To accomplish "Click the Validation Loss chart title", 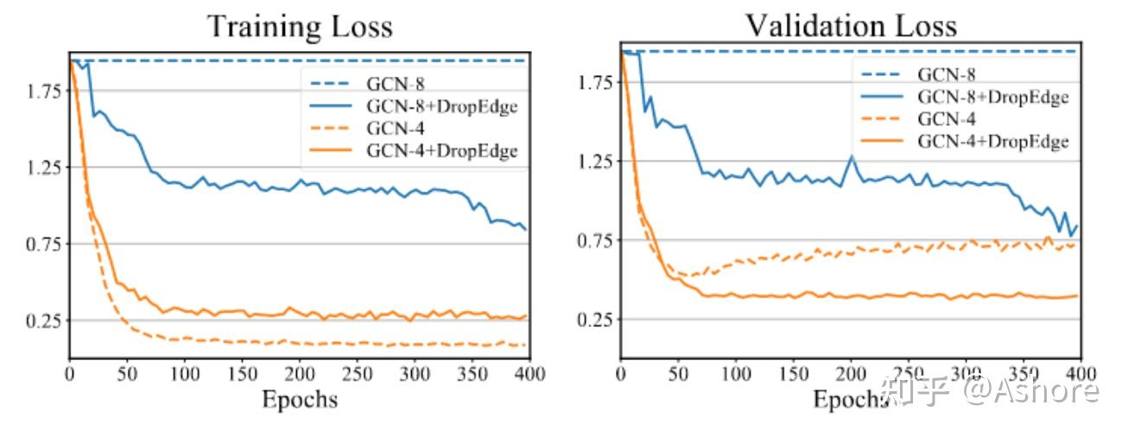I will (851, 25).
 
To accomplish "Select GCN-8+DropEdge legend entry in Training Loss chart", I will (442, 106).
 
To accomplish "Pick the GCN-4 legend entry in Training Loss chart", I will (392, 129).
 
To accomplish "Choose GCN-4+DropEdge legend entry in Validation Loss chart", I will (993, 141).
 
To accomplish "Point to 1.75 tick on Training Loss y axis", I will (37, 91).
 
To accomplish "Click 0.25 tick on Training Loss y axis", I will (37, 320).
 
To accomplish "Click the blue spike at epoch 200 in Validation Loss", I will (852, 156).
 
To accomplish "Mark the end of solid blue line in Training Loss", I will (525, 229).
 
